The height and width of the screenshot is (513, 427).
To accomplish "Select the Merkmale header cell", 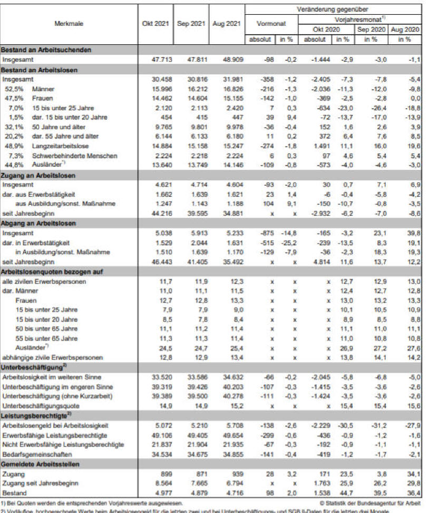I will (69, 24).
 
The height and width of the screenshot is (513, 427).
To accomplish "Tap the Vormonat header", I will (271, 24).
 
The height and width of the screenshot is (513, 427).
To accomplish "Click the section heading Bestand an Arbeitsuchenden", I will (46, 50).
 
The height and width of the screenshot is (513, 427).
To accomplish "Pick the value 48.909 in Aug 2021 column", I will (226, 60).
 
